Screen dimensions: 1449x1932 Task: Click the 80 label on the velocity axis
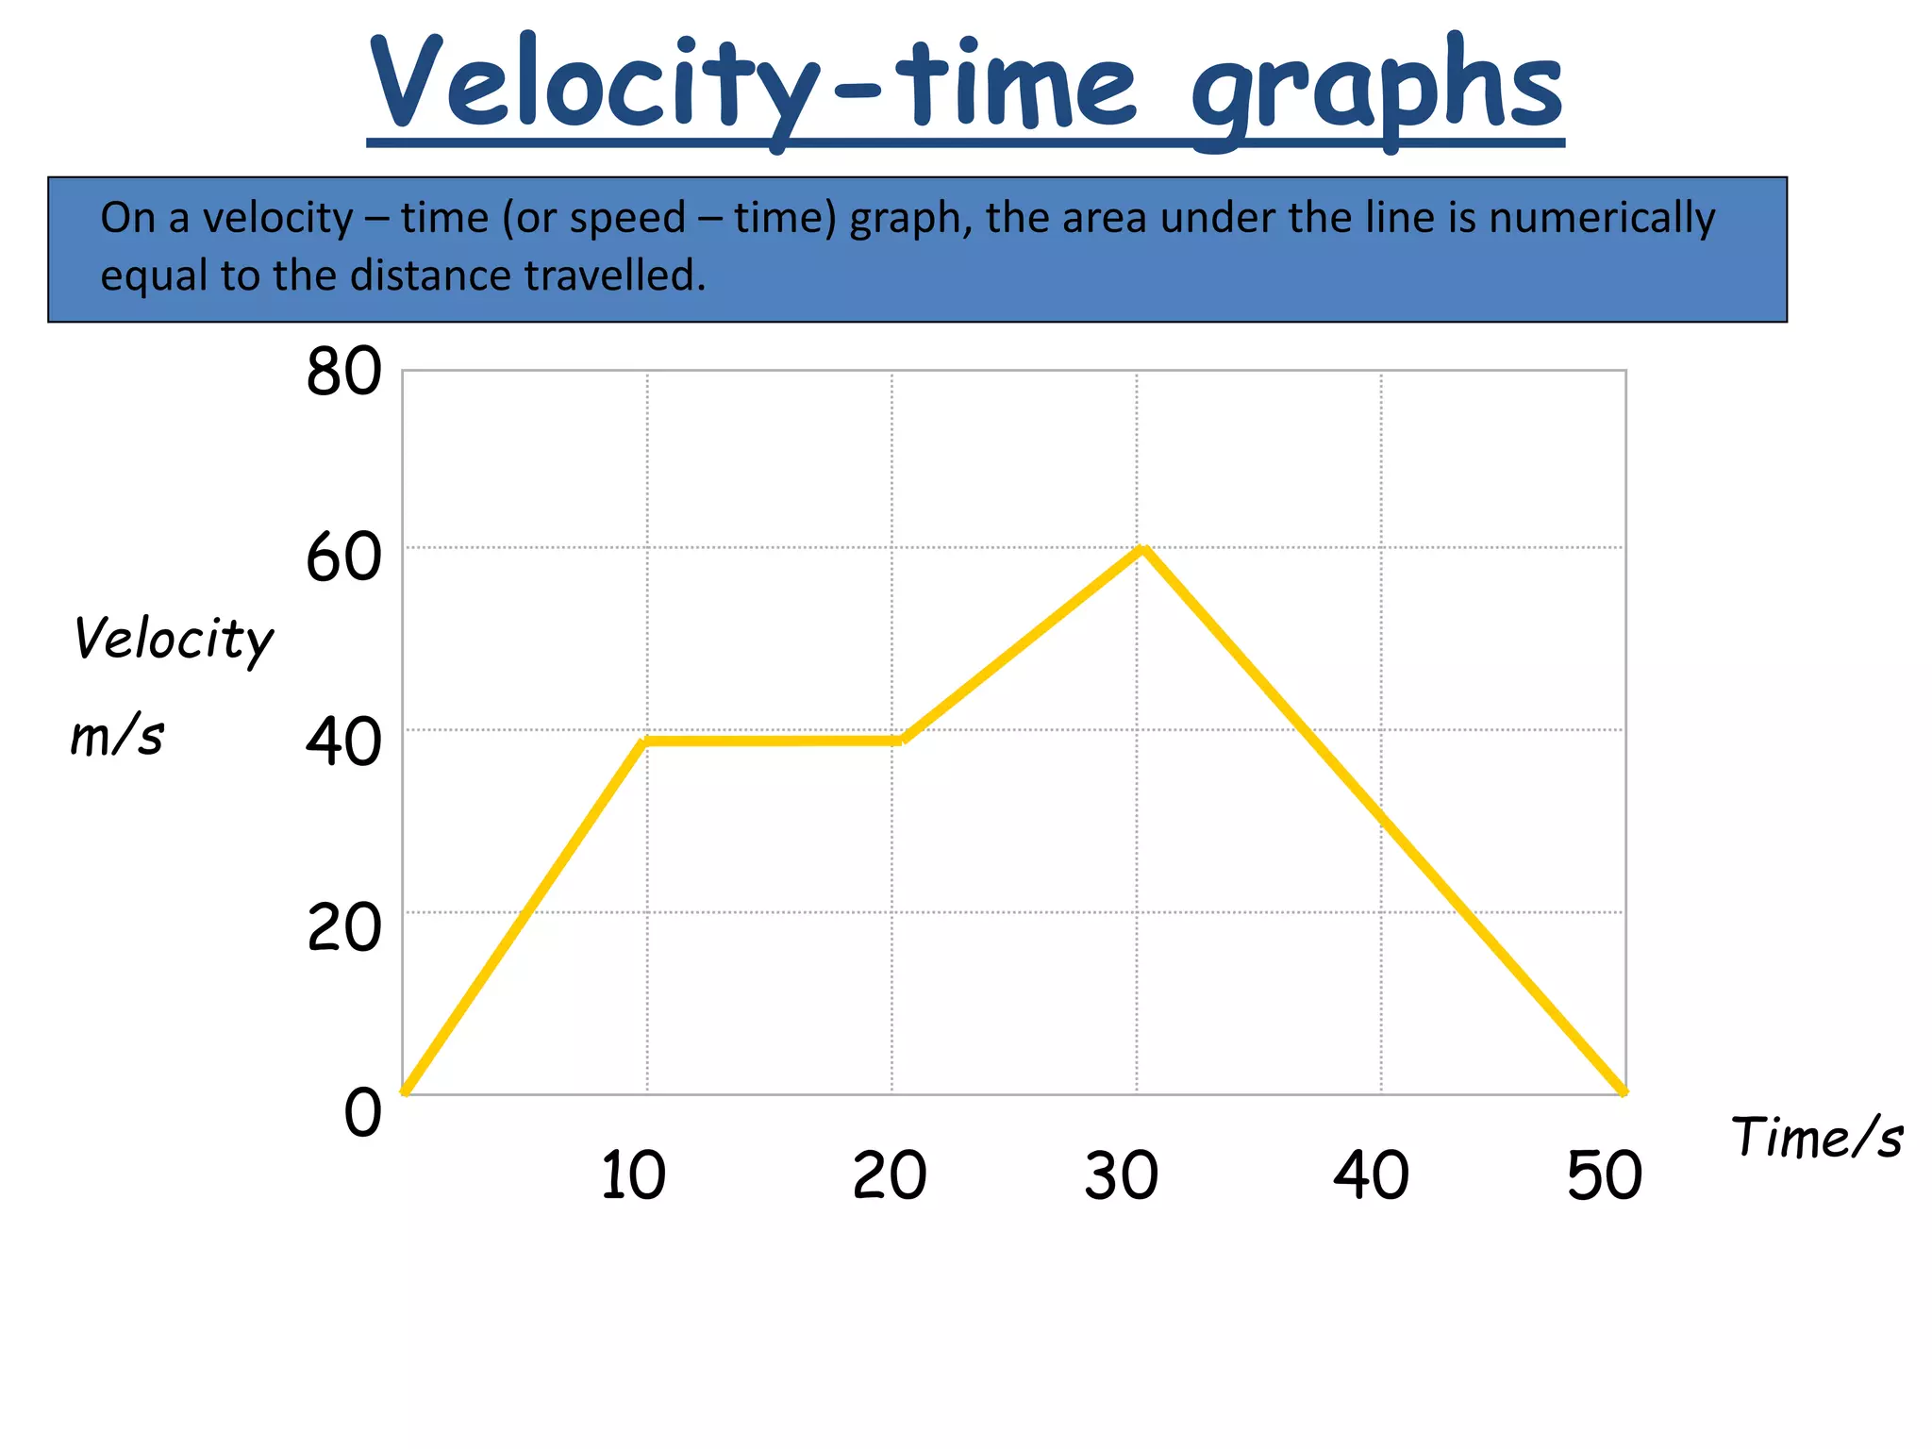tap(344, 372)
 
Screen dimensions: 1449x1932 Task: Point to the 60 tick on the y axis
tap(344, 558)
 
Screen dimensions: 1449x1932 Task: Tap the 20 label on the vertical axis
tap(344, 928)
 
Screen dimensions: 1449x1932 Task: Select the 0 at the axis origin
tap(362, 1113)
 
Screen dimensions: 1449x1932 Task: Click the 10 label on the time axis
tap(633, 1175)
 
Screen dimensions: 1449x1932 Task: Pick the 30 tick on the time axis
tap(1121, 1175)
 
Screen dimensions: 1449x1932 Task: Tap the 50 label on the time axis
tap(1604, 1175)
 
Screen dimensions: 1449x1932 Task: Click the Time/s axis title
tap(1817, 1137)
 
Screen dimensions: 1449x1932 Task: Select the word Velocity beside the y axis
tap(174, 640)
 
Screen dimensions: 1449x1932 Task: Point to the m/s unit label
tap(117, 736)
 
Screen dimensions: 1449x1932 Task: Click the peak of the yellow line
tap(1142, 548)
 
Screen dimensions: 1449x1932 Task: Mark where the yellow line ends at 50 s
tap(1623, 1092)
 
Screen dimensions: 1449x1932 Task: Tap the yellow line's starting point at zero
tap(405, 1092)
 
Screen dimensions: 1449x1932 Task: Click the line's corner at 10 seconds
tap(645, 741)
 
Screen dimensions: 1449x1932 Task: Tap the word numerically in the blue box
tap(1602, 218)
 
